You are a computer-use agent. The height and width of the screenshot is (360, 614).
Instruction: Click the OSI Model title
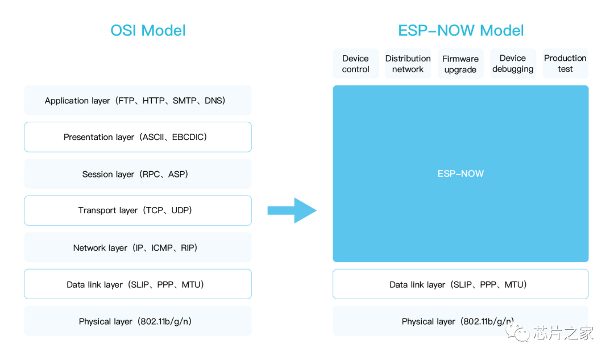pyautogui.click(x=148, y=31)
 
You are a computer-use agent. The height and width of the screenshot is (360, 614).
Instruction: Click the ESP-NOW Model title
pyautogui.click(x=461, y=31)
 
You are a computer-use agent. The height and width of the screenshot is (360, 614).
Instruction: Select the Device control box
pyautogui.click(x=355, y=64)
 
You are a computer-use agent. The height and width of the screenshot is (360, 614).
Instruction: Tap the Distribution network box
pyautogui.click(x=408, y=64)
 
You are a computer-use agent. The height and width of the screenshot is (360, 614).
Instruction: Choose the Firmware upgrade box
pyautogui.click(x=460, y=64)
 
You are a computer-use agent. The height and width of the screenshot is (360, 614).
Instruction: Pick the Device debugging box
pyautogui.click(x=513, y=64)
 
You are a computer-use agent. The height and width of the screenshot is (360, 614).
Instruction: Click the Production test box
pyautogui.click(x=566, y=64)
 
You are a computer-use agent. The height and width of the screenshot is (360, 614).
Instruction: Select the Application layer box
pyautogui.click(x=138, y=100)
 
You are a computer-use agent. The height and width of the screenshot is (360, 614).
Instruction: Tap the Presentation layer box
pyautogui.click(x=138, y=137)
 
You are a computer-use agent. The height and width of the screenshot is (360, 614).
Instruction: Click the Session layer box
pyautogui.click(x=138, y=174)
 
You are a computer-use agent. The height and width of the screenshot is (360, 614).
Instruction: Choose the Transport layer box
pyautogui.click(x=138, y=210)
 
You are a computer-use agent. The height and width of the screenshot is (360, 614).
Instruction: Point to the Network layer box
pyautogui.click(x=138, y=247)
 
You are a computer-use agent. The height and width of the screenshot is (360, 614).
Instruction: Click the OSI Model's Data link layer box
pyautogui.click(x=138, y=284)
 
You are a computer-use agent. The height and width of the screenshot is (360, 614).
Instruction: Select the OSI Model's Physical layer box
pyautogui.click(x=138, y=321)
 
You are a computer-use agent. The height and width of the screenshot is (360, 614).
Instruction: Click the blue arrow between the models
pyautogui.click(x=292, y=210)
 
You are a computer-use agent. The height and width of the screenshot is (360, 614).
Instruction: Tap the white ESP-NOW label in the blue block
pyautogui.click(x=460, y=173)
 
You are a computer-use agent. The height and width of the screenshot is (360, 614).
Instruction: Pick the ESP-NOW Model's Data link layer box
pyautogui.click(x=460, y=284)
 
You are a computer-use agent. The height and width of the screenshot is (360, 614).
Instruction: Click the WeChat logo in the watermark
pyautogui.click(x=517, y=332)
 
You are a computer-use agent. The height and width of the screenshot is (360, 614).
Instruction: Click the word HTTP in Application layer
pyautogui.click(x=153, y=101)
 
